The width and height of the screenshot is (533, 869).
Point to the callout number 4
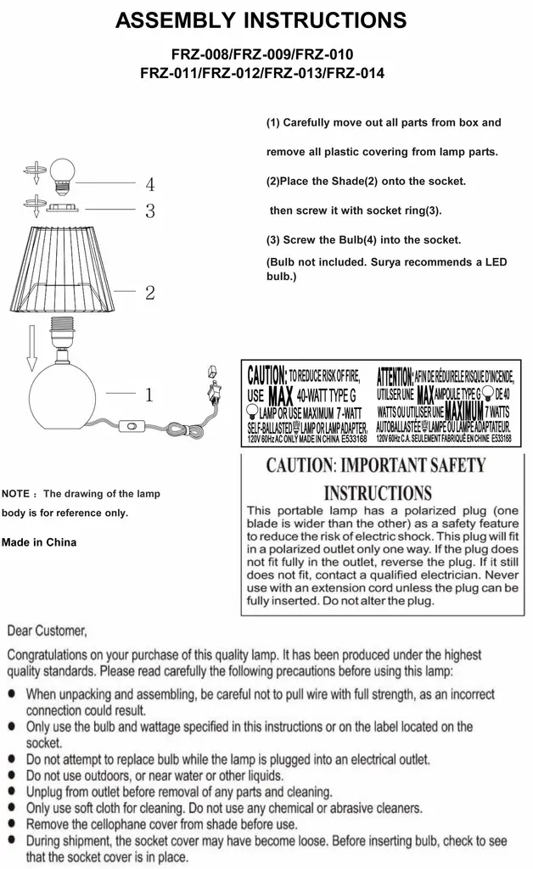pos(149,183)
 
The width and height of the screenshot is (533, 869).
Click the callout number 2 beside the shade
pos(149,294)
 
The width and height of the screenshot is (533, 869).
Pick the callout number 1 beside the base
pos(149,395)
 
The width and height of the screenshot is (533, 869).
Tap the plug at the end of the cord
pos(213,387)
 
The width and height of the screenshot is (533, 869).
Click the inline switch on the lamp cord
pos(132,426)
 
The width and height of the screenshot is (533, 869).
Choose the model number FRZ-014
pos(355,73)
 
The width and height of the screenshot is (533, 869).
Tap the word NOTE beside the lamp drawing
pos(16,493)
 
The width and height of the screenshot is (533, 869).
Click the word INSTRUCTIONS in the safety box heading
pos(378,493)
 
